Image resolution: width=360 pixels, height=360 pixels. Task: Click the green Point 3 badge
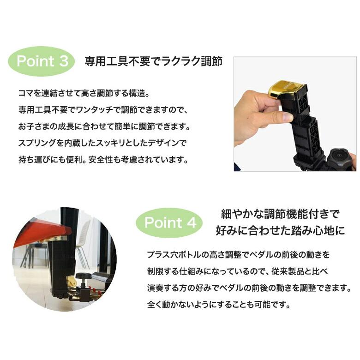click(x=42, y=61)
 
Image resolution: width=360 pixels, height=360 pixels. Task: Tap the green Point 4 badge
click(x=169, y=222)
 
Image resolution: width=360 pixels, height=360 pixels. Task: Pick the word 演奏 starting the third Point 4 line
click(x=155, y=288)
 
